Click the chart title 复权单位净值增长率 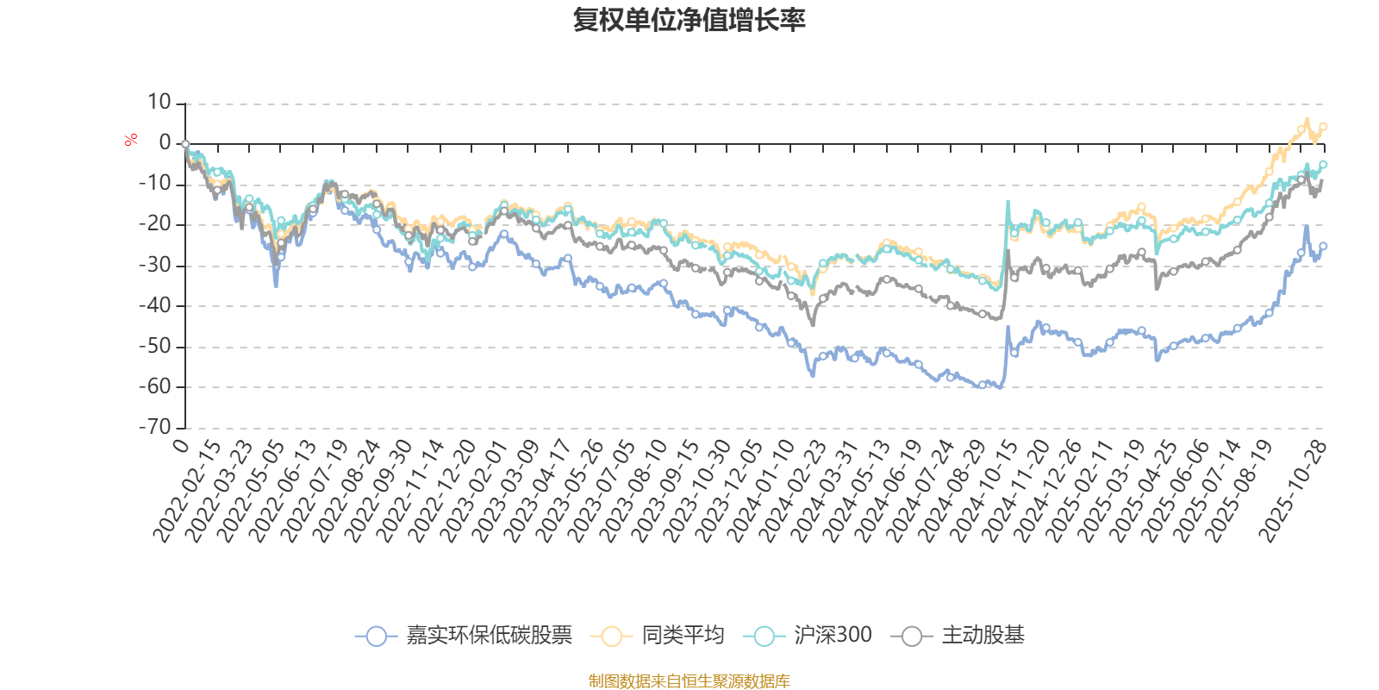pos(689,20)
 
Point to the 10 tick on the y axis pos(159,103)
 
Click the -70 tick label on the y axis pos(155,426)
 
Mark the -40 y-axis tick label pos(155,305)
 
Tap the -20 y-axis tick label pos(155,224)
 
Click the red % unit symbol pos(131,140)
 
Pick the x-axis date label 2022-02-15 pos(188,490)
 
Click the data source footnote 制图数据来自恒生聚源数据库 pos(689,681)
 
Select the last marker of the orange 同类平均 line pos(1324,127)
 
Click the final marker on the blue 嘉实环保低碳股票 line pos(1324,246)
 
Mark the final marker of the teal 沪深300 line pos(1324,164)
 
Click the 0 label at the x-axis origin pos(180,445)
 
